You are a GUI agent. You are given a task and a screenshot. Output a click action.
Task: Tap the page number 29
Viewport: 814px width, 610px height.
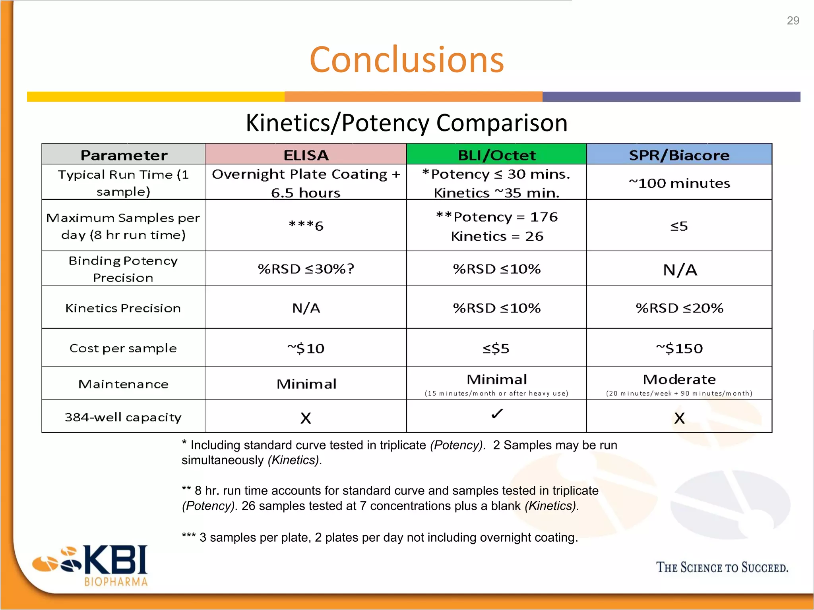click(793, 21)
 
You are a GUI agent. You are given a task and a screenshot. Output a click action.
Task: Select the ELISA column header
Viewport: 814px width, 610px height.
click(306, 155)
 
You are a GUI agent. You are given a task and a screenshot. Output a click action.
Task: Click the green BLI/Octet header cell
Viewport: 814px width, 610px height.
click(496, 155)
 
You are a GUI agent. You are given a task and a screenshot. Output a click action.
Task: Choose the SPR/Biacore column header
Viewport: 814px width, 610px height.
click(679, 155)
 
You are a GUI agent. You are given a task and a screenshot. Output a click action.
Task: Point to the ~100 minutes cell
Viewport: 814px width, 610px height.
click(679, 183)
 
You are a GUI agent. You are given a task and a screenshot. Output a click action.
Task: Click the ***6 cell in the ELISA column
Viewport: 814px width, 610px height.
click(306, 226)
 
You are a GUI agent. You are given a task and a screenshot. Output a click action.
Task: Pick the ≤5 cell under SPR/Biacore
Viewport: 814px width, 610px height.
click(679, 226)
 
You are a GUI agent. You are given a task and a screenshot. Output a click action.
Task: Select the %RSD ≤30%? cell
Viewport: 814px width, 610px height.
click(306, 269)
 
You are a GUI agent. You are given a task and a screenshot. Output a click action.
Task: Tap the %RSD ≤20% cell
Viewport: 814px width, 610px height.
click(679, 308)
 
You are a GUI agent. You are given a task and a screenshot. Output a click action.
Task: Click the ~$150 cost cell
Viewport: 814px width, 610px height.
click(679, 348)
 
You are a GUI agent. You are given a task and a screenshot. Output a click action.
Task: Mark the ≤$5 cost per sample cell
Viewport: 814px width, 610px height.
click(496, 348)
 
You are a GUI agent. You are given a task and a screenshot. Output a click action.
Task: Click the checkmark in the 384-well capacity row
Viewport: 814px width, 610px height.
click(497, 414)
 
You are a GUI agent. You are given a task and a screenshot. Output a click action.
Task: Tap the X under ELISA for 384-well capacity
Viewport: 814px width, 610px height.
click(306, 418)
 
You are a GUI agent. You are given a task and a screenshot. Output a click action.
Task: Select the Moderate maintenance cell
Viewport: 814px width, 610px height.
click(679, 380)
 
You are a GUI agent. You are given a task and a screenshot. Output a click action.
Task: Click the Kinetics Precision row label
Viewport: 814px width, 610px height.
click(123, 308)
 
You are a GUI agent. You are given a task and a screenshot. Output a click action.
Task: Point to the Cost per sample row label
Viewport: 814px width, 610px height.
click(123, 348)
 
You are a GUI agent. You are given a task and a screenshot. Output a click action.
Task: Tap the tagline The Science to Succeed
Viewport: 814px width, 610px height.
click(722, 567)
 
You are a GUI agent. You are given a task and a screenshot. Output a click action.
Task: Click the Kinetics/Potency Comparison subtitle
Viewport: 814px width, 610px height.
click(407, 123)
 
